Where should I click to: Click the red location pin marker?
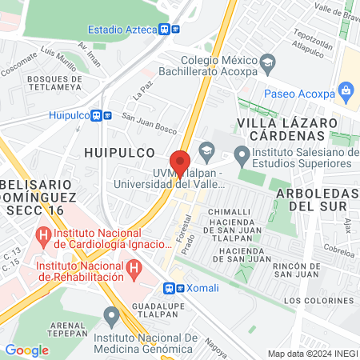click(x=180, y=162)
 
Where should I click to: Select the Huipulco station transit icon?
click(x=97, y=115)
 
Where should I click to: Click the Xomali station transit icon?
click(x=170, y=288)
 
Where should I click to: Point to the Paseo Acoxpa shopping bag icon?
click(x=346, y=89)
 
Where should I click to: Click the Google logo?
click(x=26, y=350)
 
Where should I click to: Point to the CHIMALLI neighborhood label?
click(x=229, y=211)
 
